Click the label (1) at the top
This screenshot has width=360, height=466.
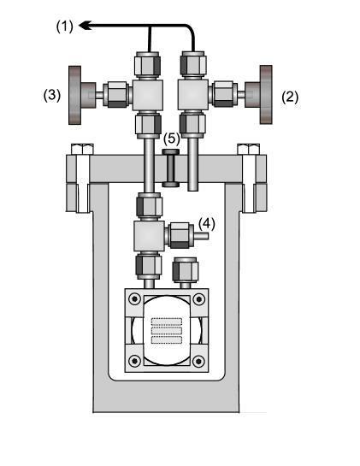[65, 27]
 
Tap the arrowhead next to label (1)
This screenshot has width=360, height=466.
[85, 27]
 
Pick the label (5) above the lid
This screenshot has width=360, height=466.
[171, 139]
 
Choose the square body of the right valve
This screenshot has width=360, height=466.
[192, 91]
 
